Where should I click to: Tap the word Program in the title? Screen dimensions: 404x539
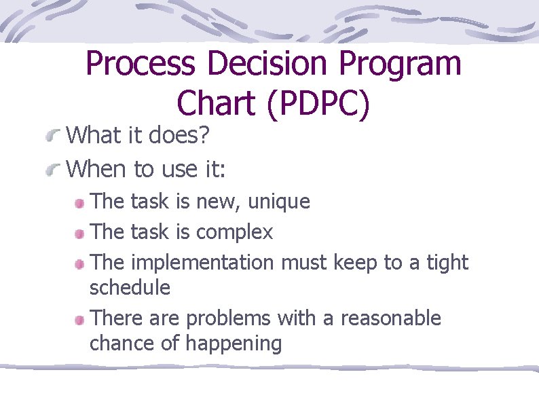click(x=401, y=65)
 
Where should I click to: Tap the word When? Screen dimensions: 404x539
click(x=98, y=168)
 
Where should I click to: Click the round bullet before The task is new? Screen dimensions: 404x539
click(x=79, y=203)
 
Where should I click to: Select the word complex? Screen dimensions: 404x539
click(x=234, y=232)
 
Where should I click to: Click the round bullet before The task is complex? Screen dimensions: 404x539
click(x=79, y=234)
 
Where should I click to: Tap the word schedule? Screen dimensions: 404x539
click(x=130, y=288)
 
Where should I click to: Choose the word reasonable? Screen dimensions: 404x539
click(x=390, y=318)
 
